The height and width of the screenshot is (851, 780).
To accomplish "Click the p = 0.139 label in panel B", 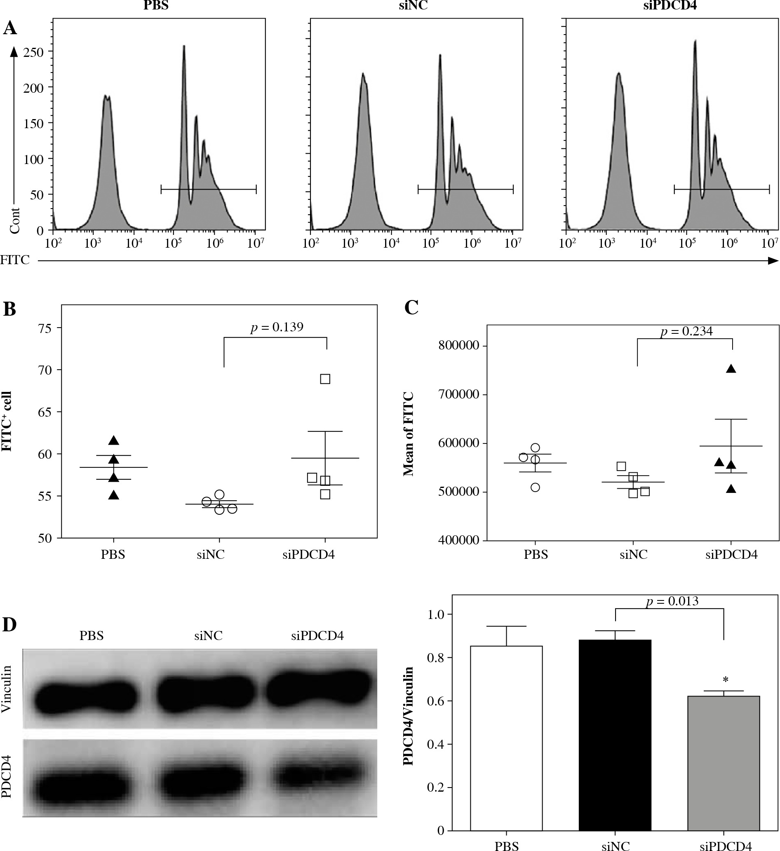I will click(x=277, y=327).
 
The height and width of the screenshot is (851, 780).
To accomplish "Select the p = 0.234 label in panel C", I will click(x=687, y=332).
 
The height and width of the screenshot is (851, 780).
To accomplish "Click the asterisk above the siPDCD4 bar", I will click(x=726, y=680).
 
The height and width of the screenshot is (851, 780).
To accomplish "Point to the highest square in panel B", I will click(x=325, y=379).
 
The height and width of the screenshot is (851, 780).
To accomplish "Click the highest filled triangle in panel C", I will click(x=731, y=369).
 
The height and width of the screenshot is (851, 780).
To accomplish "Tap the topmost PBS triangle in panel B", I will click(x=114, y=441).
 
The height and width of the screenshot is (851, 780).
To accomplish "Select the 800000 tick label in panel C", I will click(x=458, y=345).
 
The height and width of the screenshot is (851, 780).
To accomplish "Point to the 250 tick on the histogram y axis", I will click(x=34, y=52).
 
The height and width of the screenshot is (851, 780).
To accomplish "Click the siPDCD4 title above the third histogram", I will click(x=671, y=6).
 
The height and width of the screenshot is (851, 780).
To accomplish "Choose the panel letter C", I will click(x=411, y=308).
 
